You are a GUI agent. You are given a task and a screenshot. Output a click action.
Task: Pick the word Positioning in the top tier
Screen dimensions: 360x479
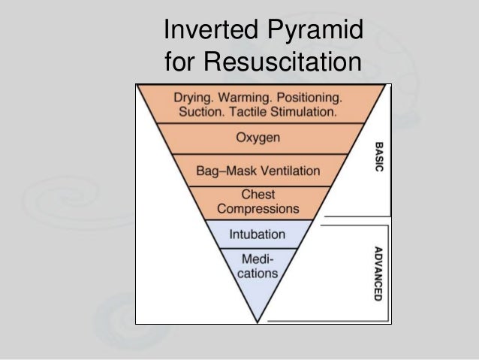(x=311, y=98)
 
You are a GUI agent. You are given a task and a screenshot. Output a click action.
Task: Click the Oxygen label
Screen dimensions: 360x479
(x=258, y=139)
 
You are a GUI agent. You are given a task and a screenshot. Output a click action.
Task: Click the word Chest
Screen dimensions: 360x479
(x=258, y=194)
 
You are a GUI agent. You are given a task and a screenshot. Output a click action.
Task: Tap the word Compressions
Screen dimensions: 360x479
(x=258, y=208)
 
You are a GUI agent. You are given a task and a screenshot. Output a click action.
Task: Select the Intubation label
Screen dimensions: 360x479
(x=258, y=234)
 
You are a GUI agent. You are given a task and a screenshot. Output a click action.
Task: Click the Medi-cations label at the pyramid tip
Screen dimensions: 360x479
(x=258, y=267)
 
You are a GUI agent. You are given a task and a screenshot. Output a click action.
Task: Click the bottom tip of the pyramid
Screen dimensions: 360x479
(x=258, y=322)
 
